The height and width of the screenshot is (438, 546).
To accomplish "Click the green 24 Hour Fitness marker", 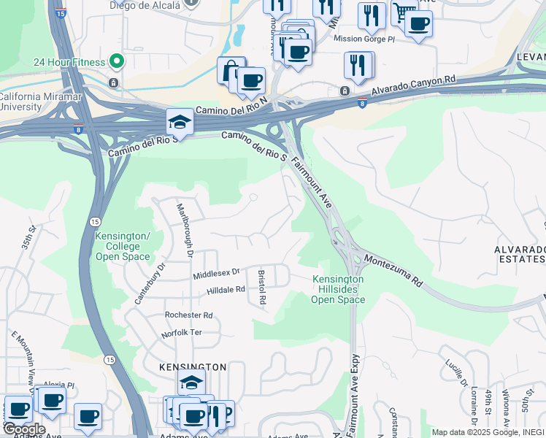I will [x=115, y=61].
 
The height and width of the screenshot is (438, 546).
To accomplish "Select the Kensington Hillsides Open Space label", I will [x=338, y=289].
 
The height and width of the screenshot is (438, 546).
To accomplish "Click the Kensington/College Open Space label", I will [x=123, y=246].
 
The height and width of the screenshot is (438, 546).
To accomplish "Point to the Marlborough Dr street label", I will [x=183, y=229].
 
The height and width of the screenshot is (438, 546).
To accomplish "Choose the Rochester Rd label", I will [x=188, y=315].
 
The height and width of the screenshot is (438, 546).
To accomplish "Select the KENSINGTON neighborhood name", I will [x=193, y=366].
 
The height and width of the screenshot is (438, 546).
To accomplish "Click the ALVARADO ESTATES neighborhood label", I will [x=520, y=254].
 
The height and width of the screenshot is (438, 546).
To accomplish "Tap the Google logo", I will [x=23, y=429].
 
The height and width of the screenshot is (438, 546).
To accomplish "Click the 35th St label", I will [x=28, y=239].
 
